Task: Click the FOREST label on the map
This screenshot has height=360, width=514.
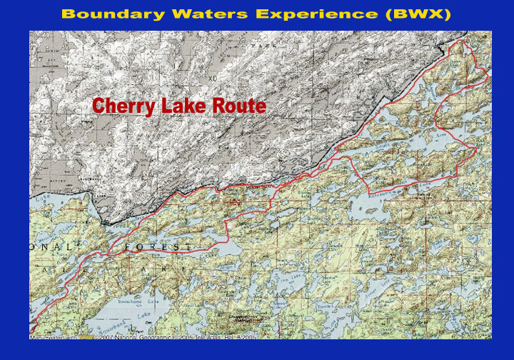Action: [x=158, y=246]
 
